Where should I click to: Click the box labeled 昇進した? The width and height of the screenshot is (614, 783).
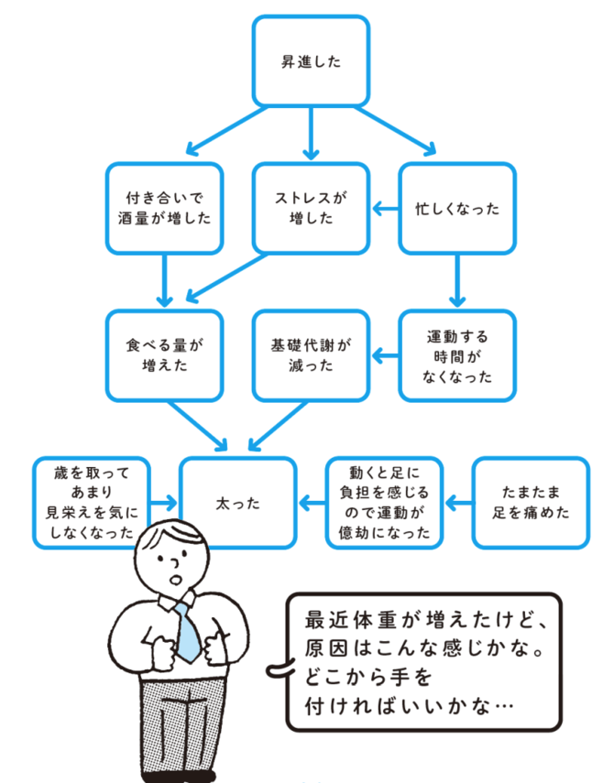[312, 61]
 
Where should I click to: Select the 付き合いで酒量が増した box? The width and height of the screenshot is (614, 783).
[165, 208]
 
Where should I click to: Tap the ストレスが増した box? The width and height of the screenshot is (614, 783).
[312, 208]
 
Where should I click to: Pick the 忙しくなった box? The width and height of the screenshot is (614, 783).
[457, 208]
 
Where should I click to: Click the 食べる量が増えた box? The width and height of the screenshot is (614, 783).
[165, 354]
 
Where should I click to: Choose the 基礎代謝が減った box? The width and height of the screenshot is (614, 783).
[312, 354]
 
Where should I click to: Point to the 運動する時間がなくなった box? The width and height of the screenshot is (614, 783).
[457, 354]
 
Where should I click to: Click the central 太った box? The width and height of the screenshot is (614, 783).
[239, 503]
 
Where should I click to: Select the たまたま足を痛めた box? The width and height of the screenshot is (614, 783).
[532, 503]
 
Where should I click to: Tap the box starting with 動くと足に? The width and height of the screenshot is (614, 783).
[385, 503]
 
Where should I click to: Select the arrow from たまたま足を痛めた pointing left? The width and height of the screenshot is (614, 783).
[458, 503]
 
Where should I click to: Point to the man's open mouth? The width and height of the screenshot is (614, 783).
[176, 581]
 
